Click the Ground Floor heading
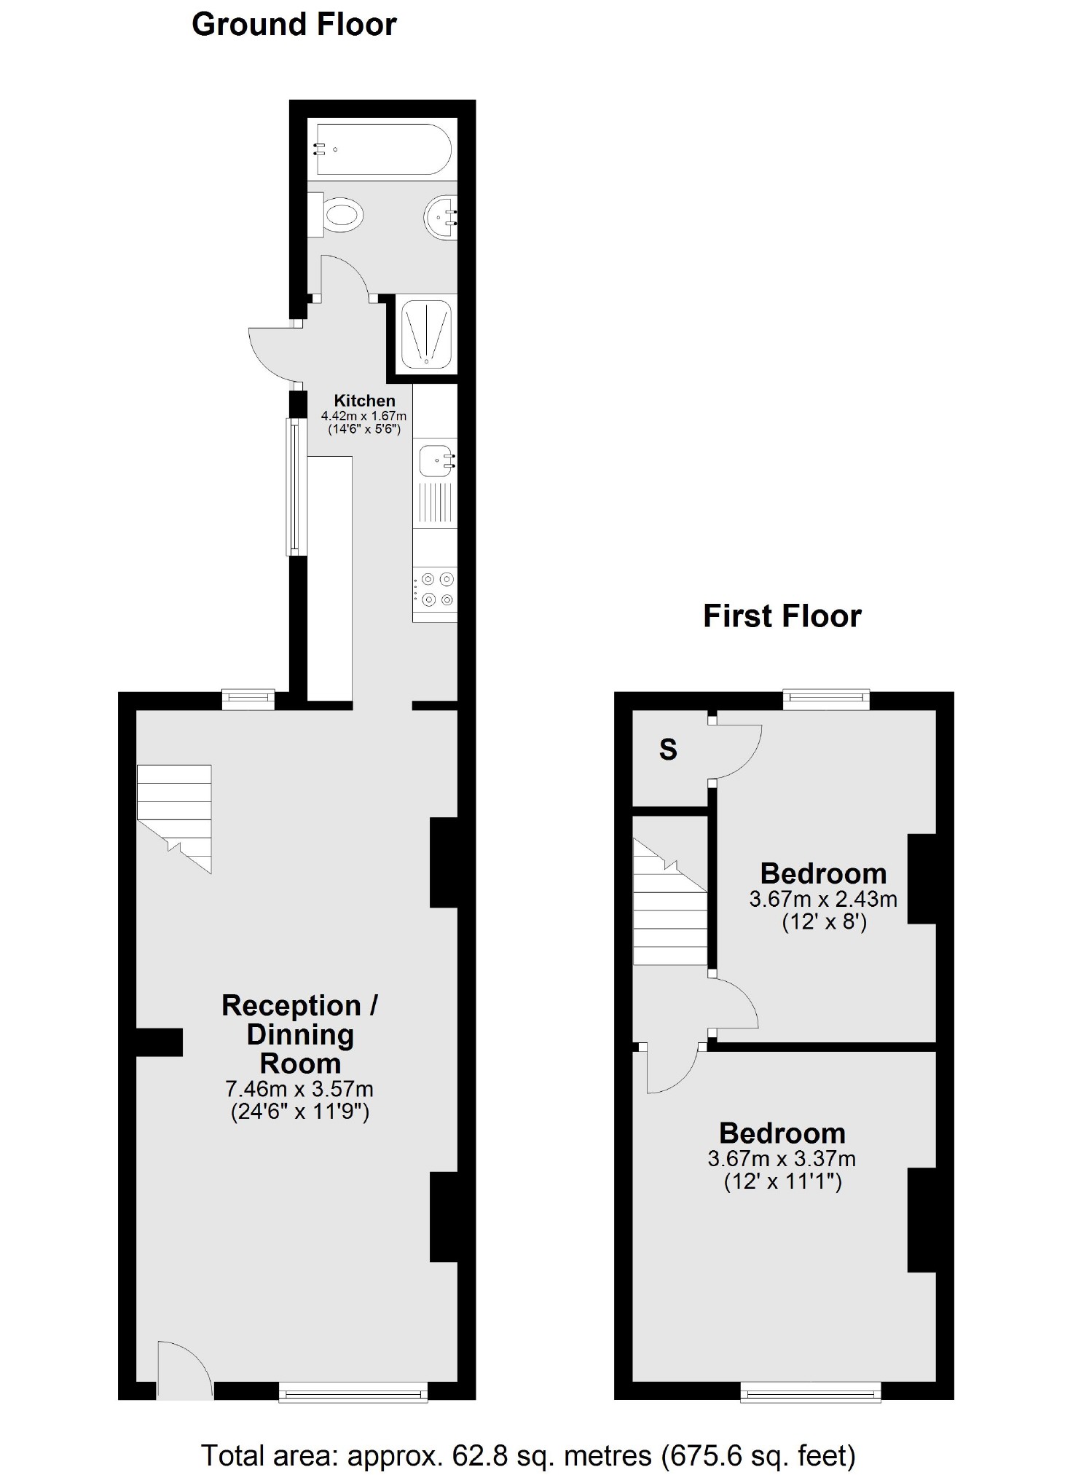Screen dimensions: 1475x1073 pyautogui.click(x=294, y=25)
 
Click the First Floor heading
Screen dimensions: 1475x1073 pyautogui.click(x=782, y=616)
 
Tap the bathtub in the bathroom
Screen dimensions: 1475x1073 pyautogui.click(x=383, y=149)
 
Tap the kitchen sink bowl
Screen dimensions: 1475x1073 pyautogui.click(x=436, y=461)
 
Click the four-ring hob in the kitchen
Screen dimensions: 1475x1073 pyautogui.click(x=436, y=589)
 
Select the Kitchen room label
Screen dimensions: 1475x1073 pyautogui.click(x=364, y=401)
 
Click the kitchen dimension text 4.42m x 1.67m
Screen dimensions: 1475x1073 pyautogui.click(x=363, y=417)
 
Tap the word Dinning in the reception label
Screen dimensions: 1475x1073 pyautogui.click(x=300, y=1035)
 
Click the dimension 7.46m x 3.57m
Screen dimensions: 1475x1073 pyautogui.click(x=299, y=1090)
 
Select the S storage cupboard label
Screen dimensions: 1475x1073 pyautogui.click(x=668, y=750)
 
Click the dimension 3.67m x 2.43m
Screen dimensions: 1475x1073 pyautogui.click(x=823, y=899)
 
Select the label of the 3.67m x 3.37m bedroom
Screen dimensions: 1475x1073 pyautogui.click(x=782, y=1133)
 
